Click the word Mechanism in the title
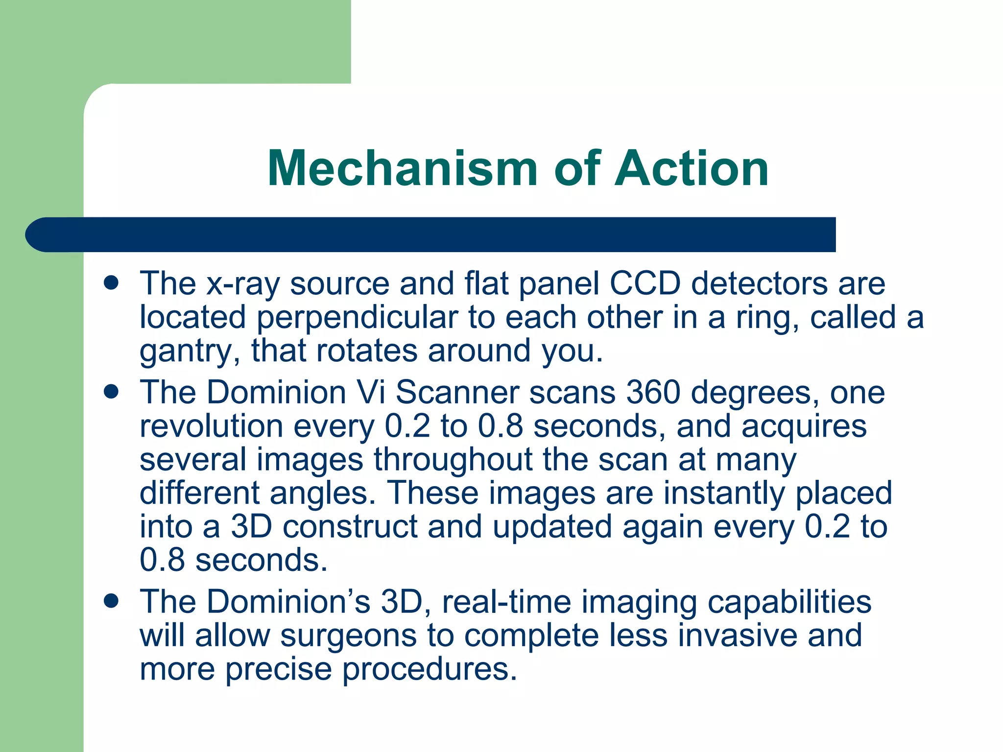(x=402, y=168)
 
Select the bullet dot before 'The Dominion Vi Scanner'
(x=112, y=392)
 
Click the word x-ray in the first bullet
(x=242, y=284)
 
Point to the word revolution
(x=212, y=426)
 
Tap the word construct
(x=350, y=526)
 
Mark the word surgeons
(x=348, y=635)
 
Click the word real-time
(x=506, y=602)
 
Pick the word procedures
(x=430, y=669)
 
